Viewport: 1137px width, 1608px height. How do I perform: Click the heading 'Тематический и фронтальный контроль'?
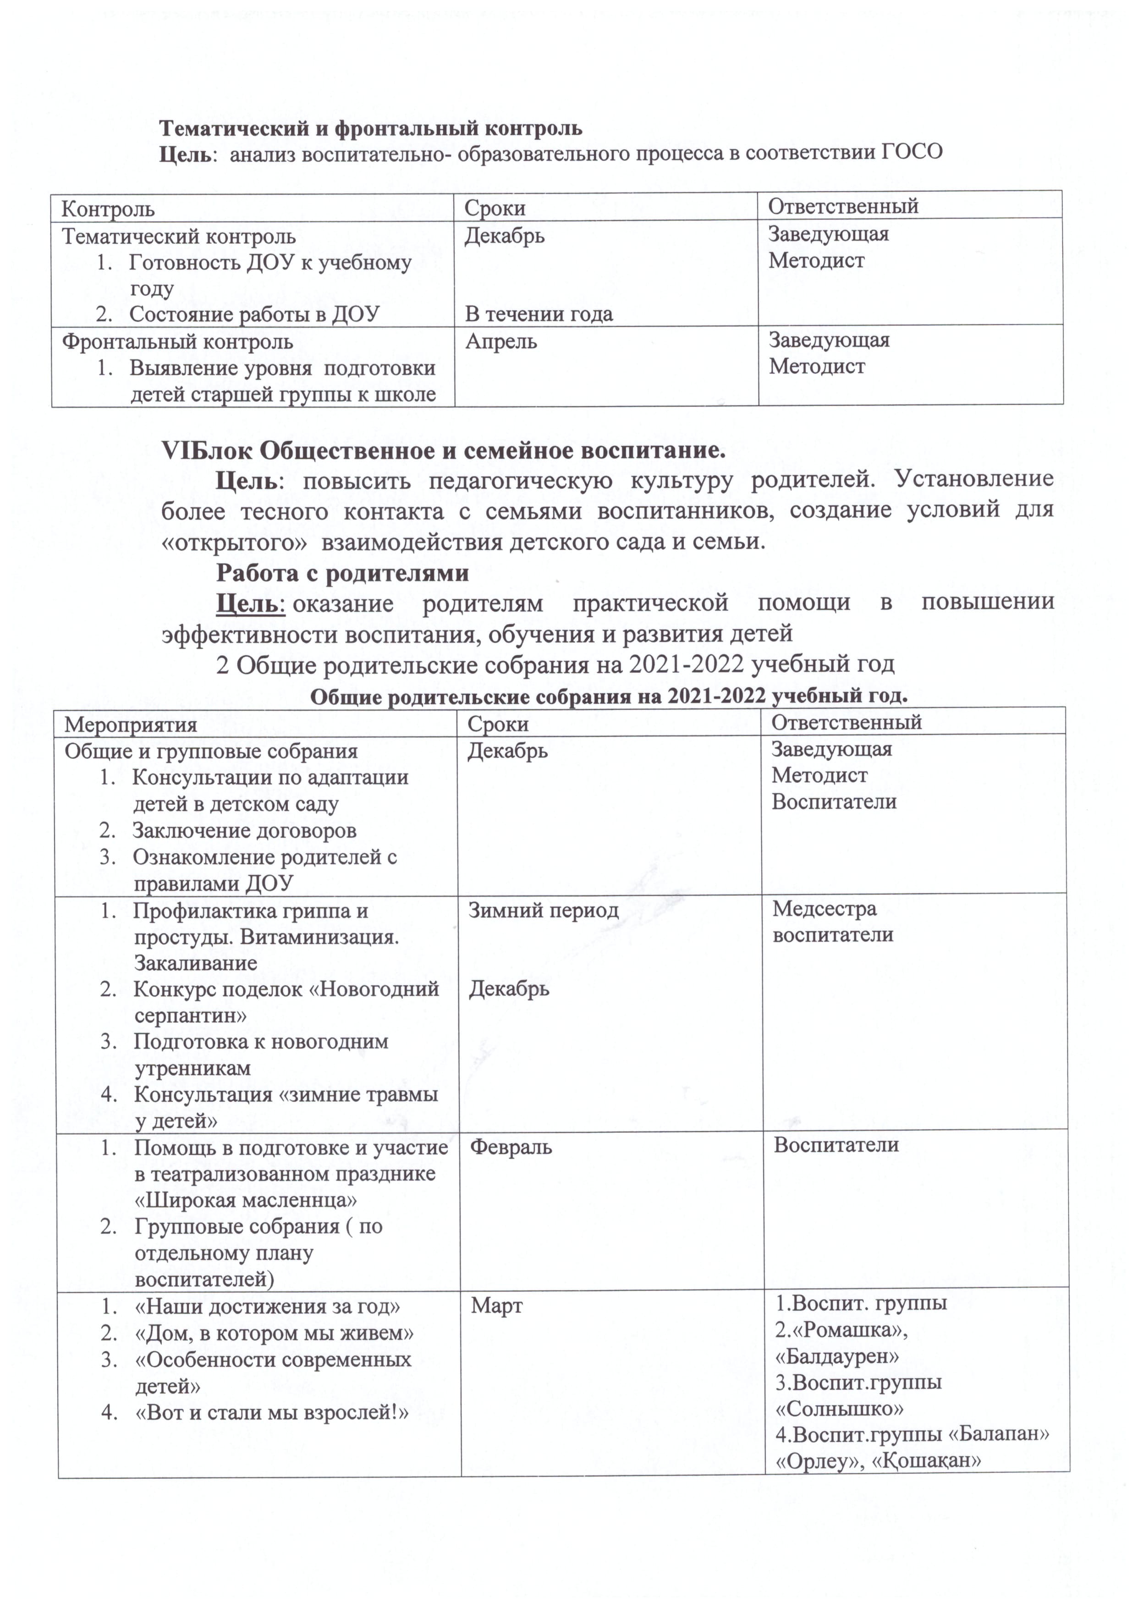[370, 128]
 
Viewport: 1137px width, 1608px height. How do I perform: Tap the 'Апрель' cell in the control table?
[501, 342]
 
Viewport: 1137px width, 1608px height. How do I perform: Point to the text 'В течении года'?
[538, 315]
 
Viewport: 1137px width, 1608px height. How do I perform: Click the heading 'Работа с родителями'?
[342, 573]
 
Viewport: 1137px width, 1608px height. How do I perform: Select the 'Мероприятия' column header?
[131, 724]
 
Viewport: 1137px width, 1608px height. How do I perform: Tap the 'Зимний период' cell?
[544, 910]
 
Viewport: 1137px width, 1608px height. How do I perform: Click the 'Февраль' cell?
[511, 1146]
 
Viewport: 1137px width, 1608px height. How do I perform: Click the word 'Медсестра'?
[824, 909]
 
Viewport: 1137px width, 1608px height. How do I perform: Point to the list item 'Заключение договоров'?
[244, 831]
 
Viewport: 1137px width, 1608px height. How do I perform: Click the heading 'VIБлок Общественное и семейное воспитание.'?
[443, 450]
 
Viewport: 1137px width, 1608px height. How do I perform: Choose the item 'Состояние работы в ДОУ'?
[254, 315]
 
